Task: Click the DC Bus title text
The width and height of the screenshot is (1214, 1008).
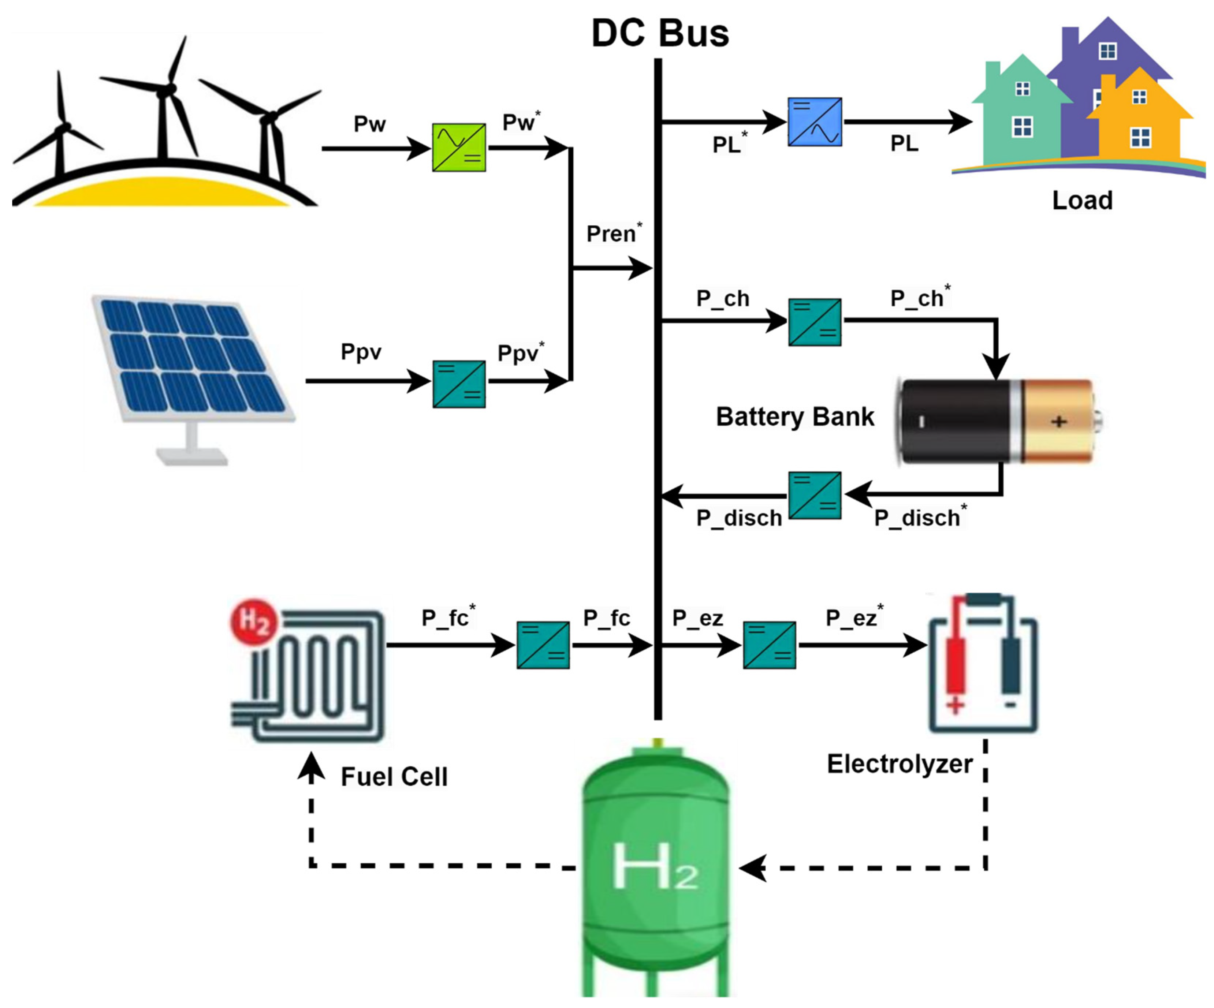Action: point(660,34)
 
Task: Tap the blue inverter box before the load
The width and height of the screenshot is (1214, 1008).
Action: point(815,122)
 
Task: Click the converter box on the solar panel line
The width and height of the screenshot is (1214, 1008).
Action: point(459,384)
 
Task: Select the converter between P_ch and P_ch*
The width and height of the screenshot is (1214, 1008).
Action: point(815,322)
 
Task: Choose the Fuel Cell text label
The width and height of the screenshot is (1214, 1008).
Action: point(394,776)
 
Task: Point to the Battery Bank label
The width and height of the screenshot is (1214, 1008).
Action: point(795,417)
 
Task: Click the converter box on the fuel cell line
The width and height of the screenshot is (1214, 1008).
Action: point(543,645)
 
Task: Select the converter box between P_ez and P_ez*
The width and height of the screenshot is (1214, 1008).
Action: point(769,645)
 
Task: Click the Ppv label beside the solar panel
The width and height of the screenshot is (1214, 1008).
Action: point(361,351)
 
